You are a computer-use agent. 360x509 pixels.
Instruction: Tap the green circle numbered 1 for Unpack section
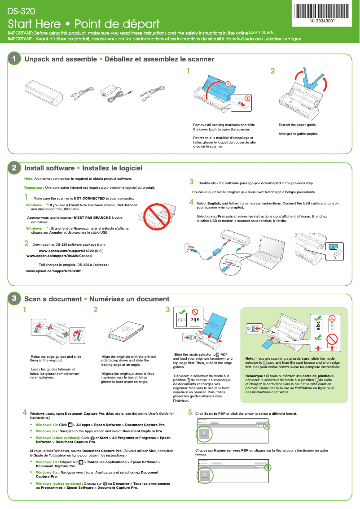[14, 59]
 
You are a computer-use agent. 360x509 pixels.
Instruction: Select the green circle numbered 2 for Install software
[14, 168]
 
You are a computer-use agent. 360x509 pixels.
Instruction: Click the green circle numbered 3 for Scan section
[14, 299]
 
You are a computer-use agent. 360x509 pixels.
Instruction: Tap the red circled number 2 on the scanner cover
[228, 84]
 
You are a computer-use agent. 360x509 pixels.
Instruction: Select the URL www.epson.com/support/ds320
[66, 251]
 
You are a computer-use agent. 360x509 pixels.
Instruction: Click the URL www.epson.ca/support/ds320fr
[53, 271]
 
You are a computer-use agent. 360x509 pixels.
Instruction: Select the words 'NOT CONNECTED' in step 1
[89, 198]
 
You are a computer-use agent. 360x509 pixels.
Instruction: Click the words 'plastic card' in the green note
[301, 358]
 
